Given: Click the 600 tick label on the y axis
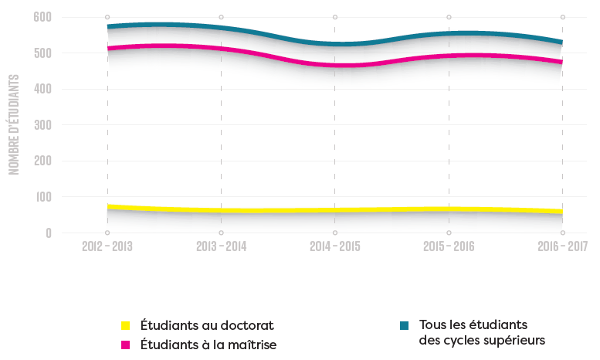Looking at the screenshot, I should [42, 17].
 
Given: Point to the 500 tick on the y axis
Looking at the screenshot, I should [42, 53].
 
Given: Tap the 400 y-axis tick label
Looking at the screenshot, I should [42, 89].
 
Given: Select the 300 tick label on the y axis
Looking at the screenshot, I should [42, 125].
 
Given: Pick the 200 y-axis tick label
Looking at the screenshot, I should [42, 161].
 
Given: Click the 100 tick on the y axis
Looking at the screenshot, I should [42, 197].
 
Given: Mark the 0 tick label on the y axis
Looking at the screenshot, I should [48, 233].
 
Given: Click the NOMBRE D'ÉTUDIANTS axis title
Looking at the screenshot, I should [14, 124].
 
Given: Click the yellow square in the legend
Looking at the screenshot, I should [126, 325].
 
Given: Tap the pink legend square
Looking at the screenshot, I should [126, 344].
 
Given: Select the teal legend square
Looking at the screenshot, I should [403, 325].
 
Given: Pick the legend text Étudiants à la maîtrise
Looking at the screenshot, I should [208, 344].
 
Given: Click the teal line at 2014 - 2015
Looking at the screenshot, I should [334, 44].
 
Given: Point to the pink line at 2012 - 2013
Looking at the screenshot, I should [107, 49].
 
